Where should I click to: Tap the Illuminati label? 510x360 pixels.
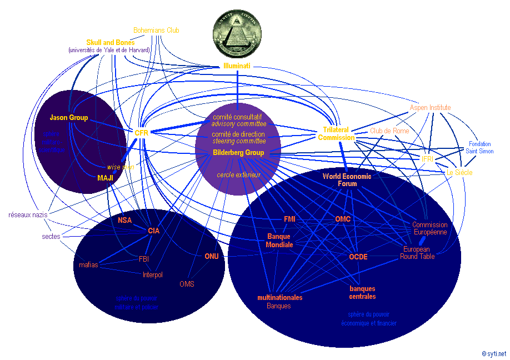tap(237, 66)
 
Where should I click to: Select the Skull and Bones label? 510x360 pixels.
tap(111, 43)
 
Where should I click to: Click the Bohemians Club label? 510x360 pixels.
tap(157, 30)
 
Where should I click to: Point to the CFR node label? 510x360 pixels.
tap(142, 133)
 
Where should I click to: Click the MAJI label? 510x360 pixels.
tap(105, 178)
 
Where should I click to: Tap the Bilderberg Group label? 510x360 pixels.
tap(238, 152)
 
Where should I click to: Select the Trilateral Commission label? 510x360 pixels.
tap(336, 133)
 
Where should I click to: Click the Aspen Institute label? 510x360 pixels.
tap(430, 107)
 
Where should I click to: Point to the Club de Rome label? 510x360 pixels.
tap(389, 131)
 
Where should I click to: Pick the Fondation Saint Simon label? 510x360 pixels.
tap(479, 147)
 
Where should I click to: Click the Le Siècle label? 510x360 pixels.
tap(459, 173)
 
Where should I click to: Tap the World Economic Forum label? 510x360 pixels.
tap(347, 179)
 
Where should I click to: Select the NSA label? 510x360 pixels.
tap(124, 220)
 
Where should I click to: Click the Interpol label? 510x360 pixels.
tap(152, 274)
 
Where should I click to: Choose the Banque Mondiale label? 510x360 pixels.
tap(279, 241)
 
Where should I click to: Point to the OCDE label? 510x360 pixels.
tap(358, 257)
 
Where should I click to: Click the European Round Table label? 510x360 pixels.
tap(417, 253)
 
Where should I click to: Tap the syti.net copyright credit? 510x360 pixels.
tap(494, 353)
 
